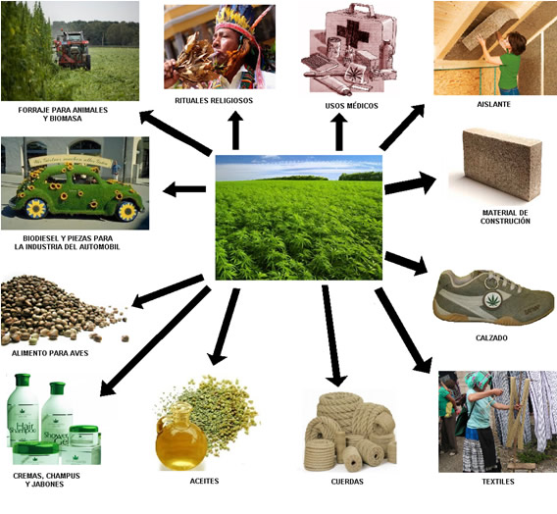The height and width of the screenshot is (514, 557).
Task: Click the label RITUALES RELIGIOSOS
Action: point(214,100)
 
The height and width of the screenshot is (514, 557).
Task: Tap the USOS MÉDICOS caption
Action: point(352,106)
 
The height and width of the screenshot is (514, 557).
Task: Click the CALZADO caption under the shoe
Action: point(491,337)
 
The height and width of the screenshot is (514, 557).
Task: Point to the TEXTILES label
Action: point(498,482)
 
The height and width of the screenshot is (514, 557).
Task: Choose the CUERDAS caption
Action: point(347,482)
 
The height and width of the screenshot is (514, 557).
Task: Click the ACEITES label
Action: point(204,481)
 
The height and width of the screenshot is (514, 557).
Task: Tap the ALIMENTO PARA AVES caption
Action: point(50,353)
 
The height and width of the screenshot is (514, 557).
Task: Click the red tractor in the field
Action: point(73,50)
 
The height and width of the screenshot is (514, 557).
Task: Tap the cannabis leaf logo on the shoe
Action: point(492,300)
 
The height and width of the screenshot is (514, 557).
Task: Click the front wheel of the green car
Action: point(36,209)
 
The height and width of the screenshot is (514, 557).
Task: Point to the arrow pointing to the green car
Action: point(184,189)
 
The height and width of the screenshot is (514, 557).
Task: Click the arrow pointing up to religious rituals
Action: point(235,130)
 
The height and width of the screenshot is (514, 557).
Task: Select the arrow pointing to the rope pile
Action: point(332,335)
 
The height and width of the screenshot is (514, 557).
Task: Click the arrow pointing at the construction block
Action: point(410,183)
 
